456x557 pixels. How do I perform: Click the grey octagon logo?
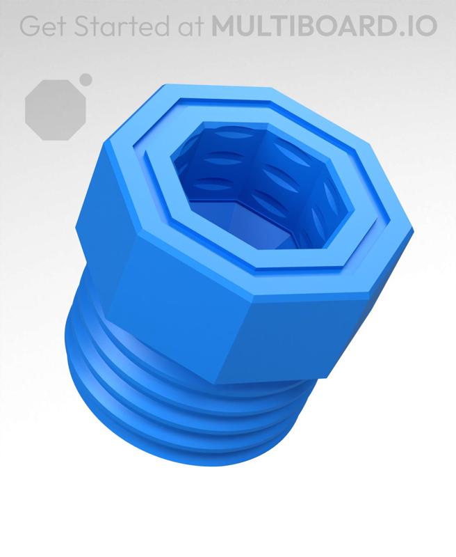(x=56, y=109)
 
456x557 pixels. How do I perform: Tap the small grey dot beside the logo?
(x=85, y=79)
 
